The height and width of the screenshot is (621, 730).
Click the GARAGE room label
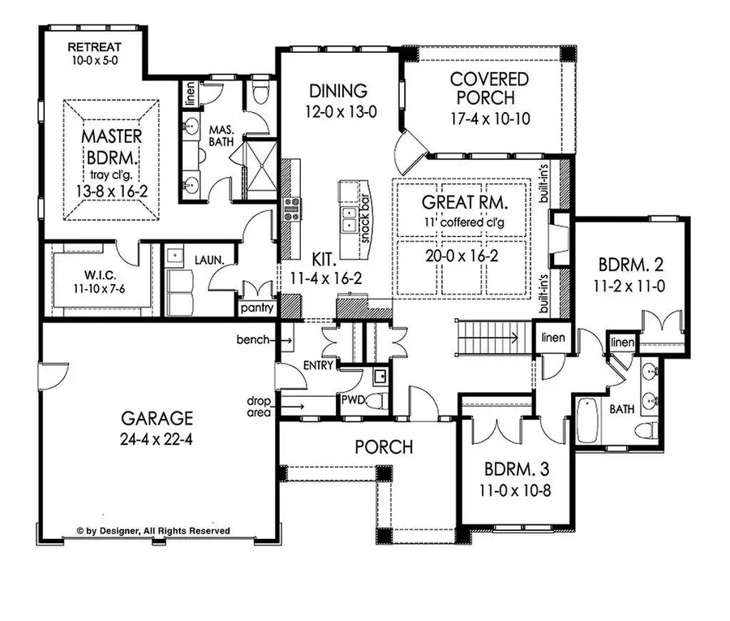point(157,419)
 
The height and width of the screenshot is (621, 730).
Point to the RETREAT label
point(93,46)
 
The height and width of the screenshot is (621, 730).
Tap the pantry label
point(256,309)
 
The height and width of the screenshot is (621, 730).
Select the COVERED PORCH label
point(489,88)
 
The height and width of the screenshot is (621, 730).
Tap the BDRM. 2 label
point(620,265)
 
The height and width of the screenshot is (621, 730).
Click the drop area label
point(260,405)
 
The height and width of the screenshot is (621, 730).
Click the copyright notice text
point(153,531)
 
